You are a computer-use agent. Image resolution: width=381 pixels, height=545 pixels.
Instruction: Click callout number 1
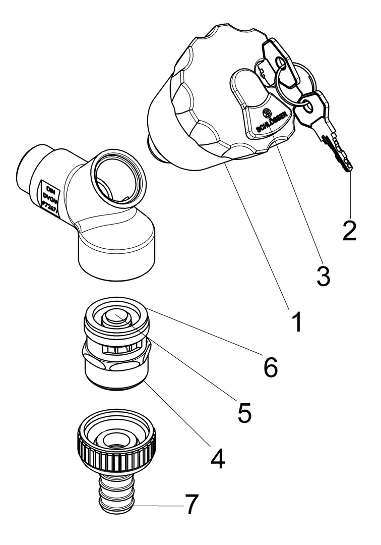[297, 322]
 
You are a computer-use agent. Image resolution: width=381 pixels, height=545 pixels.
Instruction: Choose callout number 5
[244, 412]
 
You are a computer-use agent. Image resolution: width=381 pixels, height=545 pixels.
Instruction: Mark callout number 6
[270, 367]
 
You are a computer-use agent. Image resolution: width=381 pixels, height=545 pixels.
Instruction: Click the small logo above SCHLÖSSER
[267, 112]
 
